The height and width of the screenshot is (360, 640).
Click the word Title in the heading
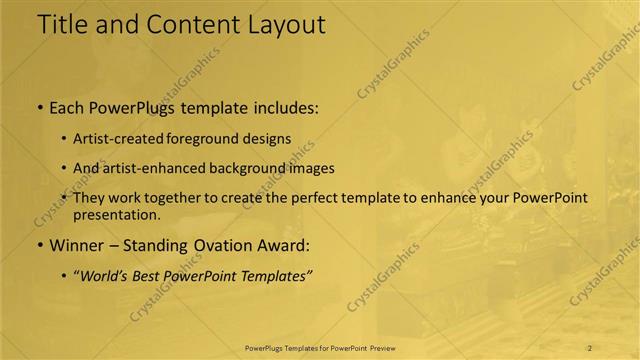[62, 25]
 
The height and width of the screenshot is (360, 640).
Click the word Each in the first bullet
[66, 107]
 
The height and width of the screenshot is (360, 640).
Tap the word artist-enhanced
[148, 168]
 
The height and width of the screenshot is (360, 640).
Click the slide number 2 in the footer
[590, 348]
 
